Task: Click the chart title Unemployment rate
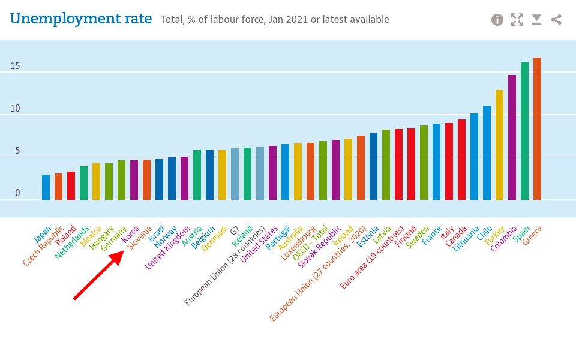(x=81, y=19)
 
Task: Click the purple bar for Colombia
(x=512, y=137)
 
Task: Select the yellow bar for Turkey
(x=499, y=145)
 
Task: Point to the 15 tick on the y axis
(x=15, y=66)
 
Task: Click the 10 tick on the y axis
(x=15, y=109)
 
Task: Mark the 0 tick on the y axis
(x=17, y=193)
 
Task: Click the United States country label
(x=259, y=244)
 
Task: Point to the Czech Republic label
(x=43, y=245)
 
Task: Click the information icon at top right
(x=497, y=20)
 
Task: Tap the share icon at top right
(x=556, y=20)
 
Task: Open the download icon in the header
(x=536, y=20)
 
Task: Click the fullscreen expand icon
(x=517, y=20)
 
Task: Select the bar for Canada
(x=461, y=160)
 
